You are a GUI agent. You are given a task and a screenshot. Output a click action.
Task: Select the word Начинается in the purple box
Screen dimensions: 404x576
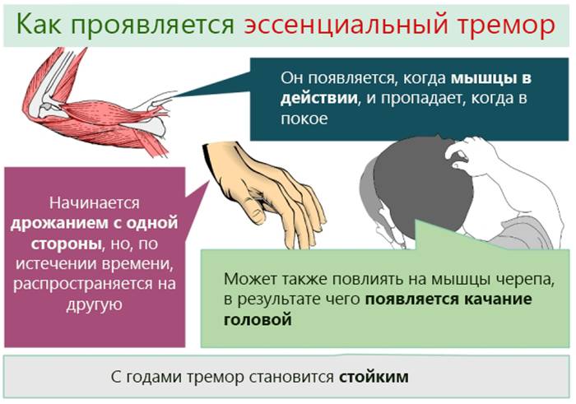point(94,203)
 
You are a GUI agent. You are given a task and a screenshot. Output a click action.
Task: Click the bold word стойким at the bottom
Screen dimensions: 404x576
point(373,377)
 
